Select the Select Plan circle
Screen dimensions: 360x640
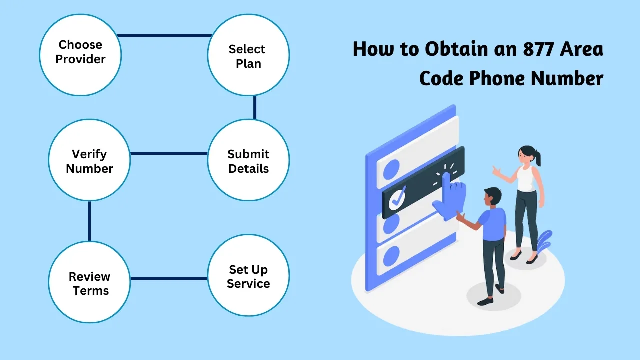[x=248, y=56]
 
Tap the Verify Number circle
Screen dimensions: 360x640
[x=89, y=161]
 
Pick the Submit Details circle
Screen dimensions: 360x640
[x=248, y=161]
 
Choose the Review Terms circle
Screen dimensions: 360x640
[x=89, y=283]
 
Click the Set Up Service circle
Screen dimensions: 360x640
[x=248, y=276]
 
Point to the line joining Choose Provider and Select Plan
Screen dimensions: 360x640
[x=164, y=36]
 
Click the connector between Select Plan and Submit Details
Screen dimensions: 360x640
[x=255, y=108]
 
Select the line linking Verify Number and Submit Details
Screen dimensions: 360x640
[x=169, y=153]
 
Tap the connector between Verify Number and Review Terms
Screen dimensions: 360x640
[x=89, y=221]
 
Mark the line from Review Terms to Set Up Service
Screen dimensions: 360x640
[x=169, y=278]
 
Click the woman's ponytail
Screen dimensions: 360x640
[x=538, y=158]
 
